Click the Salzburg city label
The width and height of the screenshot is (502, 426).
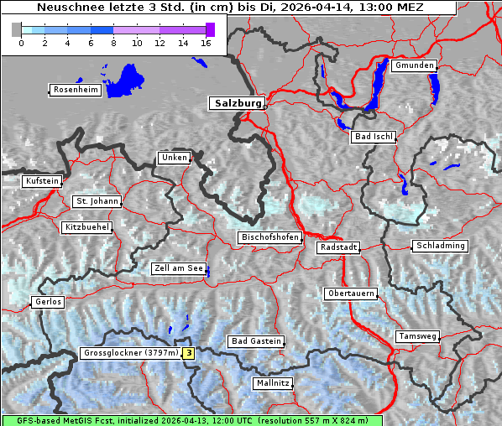[x=237, y=103]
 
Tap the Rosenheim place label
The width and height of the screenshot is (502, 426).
[x=75, y=90]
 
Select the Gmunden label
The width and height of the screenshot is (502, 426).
[x=414, y=65]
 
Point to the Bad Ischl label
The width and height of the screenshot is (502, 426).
[x=373, y=137]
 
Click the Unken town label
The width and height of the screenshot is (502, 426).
[x=174, y=158]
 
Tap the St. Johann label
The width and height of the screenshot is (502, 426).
[x=97, y=201]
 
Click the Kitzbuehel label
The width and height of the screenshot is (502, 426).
[x=86, y=227]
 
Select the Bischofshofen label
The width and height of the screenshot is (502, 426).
[x=269, y=238]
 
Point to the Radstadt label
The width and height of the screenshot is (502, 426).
[x=338, y=247]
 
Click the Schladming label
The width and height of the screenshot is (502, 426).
[x=439, y=246]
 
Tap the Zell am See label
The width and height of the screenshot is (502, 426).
[x=179, y=268]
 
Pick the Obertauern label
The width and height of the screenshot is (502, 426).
[x=351, y=294]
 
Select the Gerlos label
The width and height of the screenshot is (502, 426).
[x=48, y=302]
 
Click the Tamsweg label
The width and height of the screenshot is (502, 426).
[x=417, y=336]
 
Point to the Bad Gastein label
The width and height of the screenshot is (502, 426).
[x=256, y=341]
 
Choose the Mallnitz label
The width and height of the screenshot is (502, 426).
[x=273, y=383]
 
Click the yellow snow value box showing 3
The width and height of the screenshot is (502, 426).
[x=189, y=353]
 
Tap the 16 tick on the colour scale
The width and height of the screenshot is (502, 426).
[x=207, y=43]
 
